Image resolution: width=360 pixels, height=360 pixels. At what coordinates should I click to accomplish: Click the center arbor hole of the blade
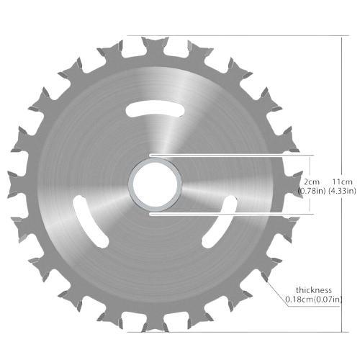click(x=155, y=184)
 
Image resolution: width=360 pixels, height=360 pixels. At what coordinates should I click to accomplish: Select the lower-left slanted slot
click(x=91, y=222)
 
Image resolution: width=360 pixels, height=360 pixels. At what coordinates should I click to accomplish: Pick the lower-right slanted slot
click(x=220, y=222)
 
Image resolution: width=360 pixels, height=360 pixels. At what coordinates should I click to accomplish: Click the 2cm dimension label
click(x=312, y=181)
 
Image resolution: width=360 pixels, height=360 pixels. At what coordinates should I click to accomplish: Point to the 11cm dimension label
click(x=342, y=181)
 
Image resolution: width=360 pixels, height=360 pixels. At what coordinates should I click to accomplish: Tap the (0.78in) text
click(x=312, y=191)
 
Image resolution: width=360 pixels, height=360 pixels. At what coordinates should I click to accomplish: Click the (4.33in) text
click(x=342, y=191)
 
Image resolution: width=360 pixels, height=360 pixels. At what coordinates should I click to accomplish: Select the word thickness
click(x=314, y=290)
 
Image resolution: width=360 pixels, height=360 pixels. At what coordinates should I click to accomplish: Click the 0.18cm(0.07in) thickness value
click(x=313, y=300)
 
